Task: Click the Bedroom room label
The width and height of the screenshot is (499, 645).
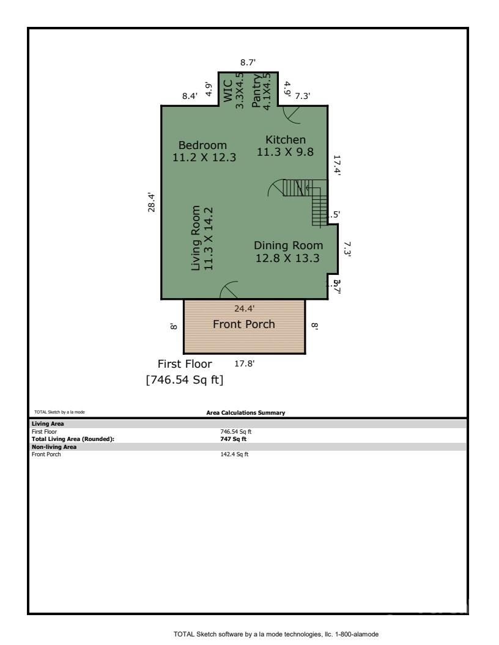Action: click(202, 145)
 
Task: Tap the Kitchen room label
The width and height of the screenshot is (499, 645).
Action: click(285, 140)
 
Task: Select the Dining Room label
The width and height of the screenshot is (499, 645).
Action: click(288, 246)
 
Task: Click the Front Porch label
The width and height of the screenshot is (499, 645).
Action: click(243, 324)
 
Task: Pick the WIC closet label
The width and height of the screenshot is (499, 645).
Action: click(227, 93)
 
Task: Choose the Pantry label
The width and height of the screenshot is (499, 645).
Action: click(256, 92)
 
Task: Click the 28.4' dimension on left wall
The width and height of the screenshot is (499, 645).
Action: click(152, 202)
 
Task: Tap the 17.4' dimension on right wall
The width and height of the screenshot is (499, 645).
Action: click(336, 165)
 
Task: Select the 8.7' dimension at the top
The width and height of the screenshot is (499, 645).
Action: click(248, 62)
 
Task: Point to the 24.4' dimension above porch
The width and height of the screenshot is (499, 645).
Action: click(244, 308)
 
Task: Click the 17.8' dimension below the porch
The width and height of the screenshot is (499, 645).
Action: click(245, 364)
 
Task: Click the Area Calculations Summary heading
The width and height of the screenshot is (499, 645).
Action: click(246, 414)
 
